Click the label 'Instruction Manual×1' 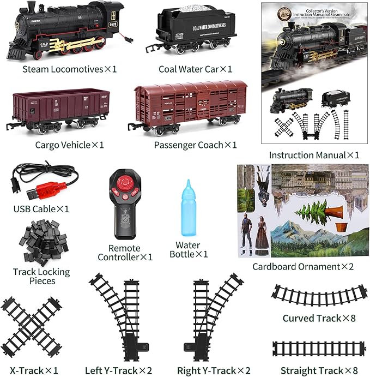pos(314,155)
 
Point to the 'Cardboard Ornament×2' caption pos(303,267)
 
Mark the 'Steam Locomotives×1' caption pos(70,69)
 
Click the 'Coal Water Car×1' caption pos(195,69)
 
